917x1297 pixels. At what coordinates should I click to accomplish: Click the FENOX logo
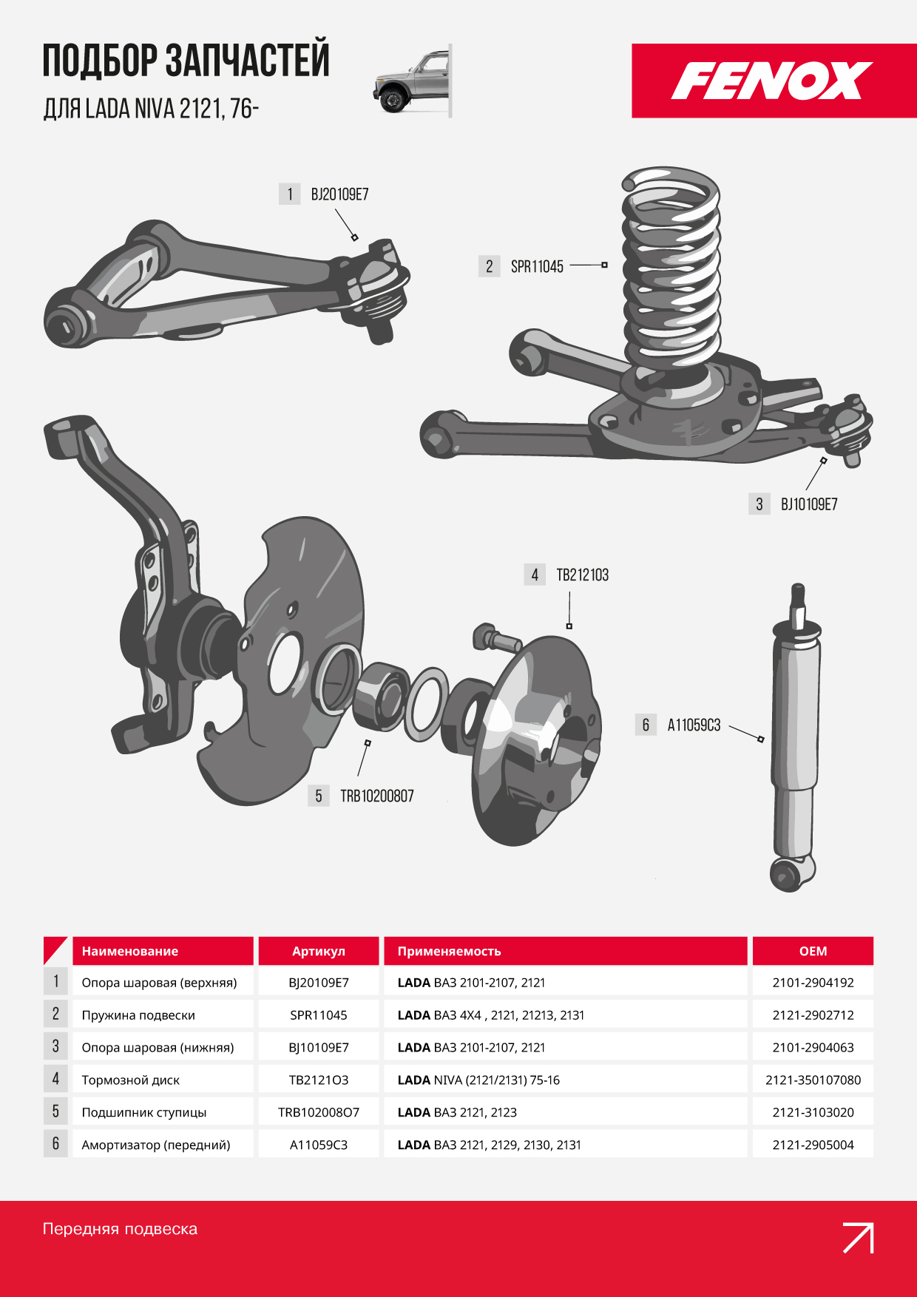point(771,81)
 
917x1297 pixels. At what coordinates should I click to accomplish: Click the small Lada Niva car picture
point(413,81)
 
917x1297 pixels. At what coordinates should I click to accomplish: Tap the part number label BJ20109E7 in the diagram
point(339,194)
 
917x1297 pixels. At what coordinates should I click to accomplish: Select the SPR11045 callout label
point(537,266)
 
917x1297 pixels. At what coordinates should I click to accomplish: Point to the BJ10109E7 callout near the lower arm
point(809,504)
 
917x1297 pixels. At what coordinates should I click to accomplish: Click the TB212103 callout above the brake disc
point(583,575)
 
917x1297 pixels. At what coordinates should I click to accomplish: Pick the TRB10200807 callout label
point(377,796)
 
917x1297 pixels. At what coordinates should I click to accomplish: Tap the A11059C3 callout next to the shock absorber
point(694,725)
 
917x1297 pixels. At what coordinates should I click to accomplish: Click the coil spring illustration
point(671,268)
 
